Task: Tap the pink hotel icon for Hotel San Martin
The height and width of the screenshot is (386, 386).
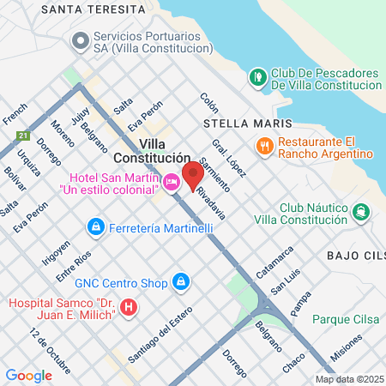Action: point(172,181)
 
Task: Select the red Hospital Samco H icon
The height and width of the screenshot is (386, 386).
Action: point(129,306)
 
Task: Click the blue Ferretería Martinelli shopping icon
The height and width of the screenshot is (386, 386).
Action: point(95,227)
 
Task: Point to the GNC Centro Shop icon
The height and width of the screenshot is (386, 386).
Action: point(180,280)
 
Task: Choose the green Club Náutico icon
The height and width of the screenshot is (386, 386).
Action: point(360,211)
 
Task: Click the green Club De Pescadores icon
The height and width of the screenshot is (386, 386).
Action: point(256,77)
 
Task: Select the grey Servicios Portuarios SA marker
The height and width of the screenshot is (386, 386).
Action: point(81,40)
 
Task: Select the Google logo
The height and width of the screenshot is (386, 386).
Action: point(28,375)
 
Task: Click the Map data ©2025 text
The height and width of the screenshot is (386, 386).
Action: point(349,379)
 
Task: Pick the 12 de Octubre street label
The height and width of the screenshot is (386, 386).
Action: point(49,350)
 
